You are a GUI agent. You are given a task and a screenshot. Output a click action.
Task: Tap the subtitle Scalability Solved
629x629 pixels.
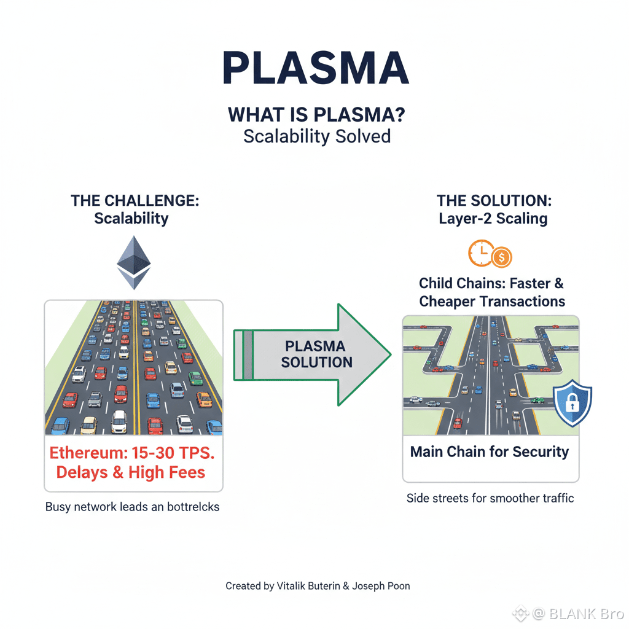[x=317, y=136]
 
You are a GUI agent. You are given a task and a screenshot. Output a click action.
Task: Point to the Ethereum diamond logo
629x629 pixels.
[x=133, y=262]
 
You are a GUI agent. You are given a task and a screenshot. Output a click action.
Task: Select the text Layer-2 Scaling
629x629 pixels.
[x=493, y=219]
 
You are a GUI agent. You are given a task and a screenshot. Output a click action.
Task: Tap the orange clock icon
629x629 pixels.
[x=480, y=252]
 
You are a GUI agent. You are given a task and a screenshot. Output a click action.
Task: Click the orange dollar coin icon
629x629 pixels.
[x=501, y=257]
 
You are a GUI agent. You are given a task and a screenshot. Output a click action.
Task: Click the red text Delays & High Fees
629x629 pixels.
[x=131, y=472]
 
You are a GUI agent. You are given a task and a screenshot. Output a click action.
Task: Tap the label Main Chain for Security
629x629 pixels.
[x=490, y=452]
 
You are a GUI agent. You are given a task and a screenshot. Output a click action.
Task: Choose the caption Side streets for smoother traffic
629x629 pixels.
[x=490, y=498]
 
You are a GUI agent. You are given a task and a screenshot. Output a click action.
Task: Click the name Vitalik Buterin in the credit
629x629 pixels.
[x=306, y=586]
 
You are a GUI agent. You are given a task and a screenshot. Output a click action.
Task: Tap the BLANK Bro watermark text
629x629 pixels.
[x=586, y=612]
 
